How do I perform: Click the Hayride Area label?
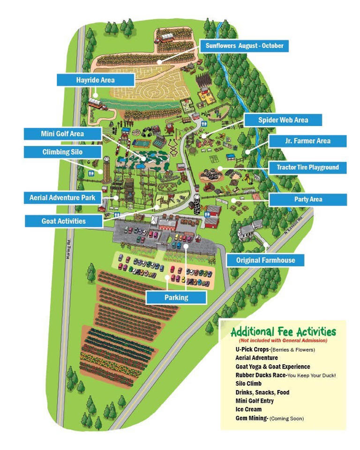click(95, 80)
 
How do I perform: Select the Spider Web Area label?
click(283, 120)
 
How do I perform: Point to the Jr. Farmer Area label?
click(307, 141)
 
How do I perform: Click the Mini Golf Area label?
click(62, 134)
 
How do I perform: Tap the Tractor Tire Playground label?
click(307, 167)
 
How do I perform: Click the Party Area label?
click(308, 199)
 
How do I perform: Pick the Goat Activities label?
click(64, 221)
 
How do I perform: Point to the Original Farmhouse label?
click(265, 260)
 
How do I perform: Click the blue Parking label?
click(176, 297)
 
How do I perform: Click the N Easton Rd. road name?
click(294, 223)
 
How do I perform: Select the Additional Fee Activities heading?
click(283, 332)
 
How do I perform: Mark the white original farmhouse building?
click(248, 232)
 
